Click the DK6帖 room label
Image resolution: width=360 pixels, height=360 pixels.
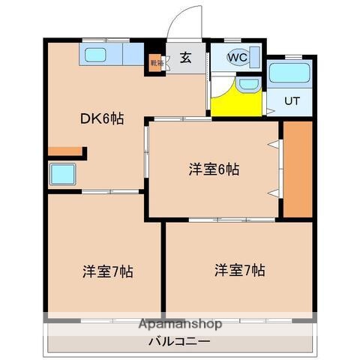coord(103,118)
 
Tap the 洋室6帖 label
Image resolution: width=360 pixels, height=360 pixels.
coord(214,169)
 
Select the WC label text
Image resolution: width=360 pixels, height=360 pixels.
coord(237,57)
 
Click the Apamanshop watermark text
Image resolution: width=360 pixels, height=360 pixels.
coord(180,325)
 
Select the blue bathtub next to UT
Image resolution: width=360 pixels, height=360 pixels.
coord(289,73)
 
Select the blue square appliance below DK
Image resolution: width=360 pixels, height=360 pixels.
coord(63,175)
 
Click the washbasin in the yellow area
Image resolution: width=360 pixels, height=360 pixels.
coord(247,85)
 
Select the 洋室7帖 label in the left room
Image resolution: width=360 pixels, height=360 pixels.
coord(108,271)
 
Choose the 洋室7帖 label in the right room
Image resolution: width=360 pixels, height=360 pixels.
coord(238,269)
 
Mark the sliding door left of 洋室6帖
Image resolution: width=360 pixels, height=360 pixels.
coord(147,154)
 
